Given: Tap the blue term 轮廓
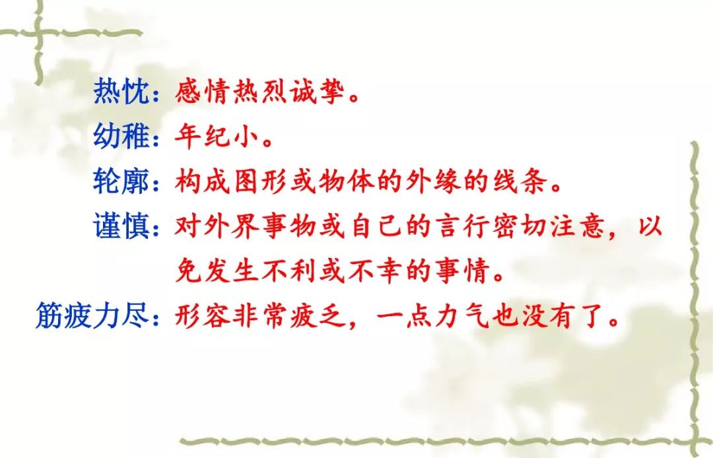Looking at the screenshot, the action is tap(121, 180).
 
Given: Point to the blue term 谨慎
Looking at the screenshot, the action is tap(121, 225).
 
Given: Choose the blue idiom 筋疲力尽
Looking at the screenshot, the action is tap(92, 315).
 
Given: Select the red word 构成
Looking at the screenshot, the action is tap(203, 180).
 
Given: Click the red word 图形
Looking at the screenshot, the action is tap(260, 180).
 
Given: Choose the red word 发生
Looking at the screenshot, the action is tap(232, 271).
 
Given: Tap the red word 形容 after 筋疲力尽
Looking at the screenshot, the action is tap(203, 315).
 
